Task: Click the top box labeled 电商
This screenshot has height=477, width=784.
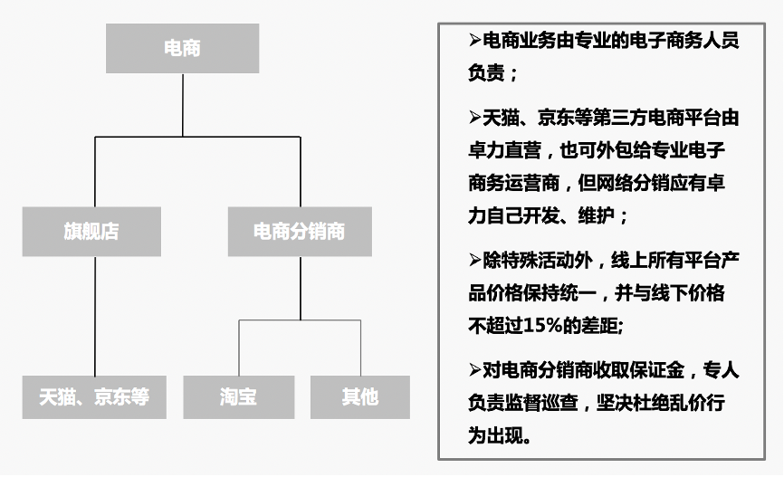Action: (x=182, y=48)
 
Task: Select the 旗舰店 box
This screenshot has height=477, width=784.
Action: (x=91, y=231)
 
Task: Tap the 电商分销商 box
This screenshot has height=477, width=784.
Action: (x=299, y=231)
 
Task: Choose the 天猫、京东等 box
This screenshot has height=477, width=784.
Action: (x=94, y=396)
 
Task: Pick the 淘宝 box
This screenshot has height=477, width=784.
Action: (x=238, y=396)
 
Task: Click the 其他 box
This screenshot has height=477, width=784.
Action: (x=359, y=396)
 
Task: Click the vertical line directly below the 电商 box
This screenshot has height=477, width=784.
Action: (x=183, y=104)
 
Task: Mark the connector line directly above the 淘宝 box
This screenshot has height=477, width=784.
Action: (x=239, y=348)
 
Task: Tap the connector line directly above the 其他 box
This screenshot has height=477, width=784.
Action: (x=359, y=348)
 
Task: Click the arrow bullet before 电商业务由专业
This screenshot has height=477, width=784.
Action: (x=475, y=41)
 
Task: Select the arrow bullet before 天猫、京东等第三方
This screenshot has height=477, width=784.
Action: (x=475, y=117)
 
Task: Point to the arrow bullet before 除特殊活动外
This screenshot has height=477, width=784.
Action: (x=475, y=261)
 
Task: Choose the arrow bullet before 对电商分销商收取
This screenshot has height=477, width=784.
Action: (x=475, y=369)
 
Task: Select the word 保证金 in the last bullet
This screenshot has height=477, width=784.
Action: (x=655, y=369)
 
